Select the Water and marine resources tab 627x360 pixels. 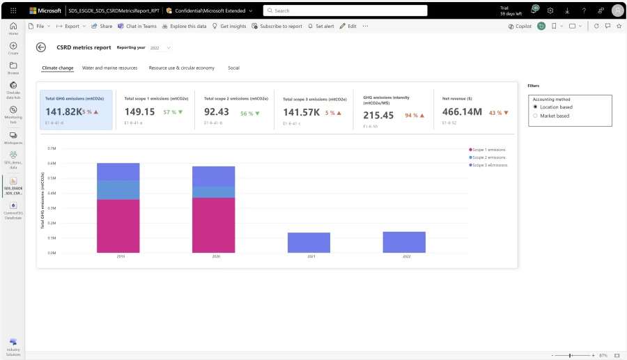pyautogui.click(x=109, y=68)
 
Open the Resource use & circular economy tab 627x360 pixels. pyautogui.click(x=181, y=68)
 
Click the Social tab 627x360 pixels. pyautogui.click(x=233, y=68)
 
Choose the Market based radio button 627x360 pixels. pyautogui.click(x=535, y=116)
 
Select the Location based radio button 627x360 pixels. pyautogui.click(x=535, y=107)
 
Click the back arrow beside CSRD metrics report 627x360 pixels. pyautogui.click(x=41, y=47)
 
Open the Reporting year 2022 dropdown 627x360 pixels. pyautogui.click(x=160, y=47)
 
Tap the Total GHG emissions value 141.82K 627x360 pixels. pyautogui.click(x=63, y=112)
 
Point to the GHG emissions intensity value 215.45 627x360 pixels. pyautogui.click(x=378, y=115)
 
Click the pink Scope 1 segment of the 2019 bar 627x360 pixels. pyautogui.click(x=118, y=226)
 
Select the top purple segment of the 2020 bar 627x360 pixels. pyautogui.click(x=213, y=176)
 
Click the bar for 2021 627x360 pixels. pyautogui.click(x=309, y=242)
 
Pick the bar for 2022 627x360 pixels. pyautogui.click(x=403, y=242)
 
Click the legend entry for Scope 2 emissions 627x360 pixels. pyautogui.click(x=489, y=157)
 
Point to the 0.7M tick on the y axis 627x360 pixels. pyautogui.click(x=51, y=148)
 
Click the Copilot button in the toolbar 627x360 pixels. pyautogui.click(x=519, y=26)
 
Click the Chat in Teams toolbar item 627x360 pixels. pyautogui.click(x=137, y=26)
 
